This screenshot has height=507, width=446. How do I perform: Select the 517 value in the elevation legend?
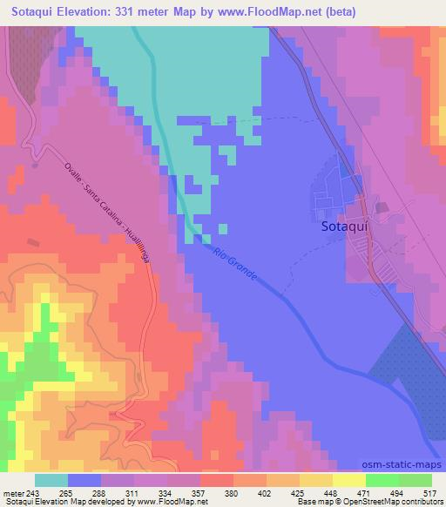(x=428, y=492)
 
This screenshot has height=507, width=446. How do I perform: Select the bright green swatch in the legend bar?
(x=382, y=479)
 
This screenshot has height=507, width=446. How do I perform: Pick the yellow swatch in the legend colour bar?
(x=348, y=479)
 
